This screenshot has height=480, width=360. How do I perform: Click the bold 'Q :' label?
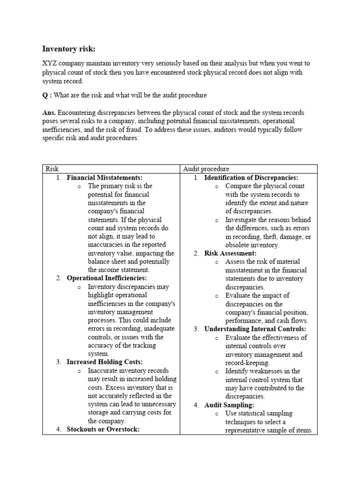(x=47, y=95)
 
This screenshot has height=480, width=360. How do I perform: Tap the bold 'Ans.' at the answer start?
(x=49, y=113)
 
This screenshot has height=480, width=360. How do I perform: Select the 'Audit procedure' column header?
(x=207, y=169)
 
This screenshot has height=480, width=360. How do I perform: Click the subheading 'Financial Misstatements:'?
(x=105, y=178)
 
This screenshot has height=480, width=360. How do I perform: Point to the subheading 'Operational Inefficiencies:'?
(x=107, y=278)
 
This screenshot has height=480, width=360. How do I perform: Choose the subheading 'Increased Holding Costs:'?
(x=105, y=362)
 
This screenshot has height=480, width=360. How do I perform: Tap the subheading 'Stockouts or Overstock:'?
(x=103, y=429)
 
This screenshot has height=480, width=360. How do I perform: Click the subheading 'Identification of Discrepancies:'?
(x=251, y=178)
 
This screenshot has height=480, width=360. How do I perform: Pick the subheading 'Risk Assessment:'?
(x=230, y=253)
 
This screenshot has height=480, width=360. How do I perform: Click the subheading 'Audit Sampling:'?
(x=229, y=405)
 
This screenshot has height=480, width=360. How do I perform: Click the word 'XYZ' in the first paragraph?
(x=51, y=63)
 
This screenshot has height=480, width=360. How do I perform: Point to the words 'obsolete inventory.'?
(x=252, y=245)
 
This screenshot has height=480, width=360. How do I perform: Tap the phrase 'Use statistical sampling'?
(x=258, y=413)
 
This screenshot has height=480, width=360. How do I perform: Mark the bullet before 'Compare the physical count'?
(x=217, y=187)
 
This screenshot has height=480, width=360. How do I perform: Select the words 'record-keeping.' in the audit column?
(x=248, y=363)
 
